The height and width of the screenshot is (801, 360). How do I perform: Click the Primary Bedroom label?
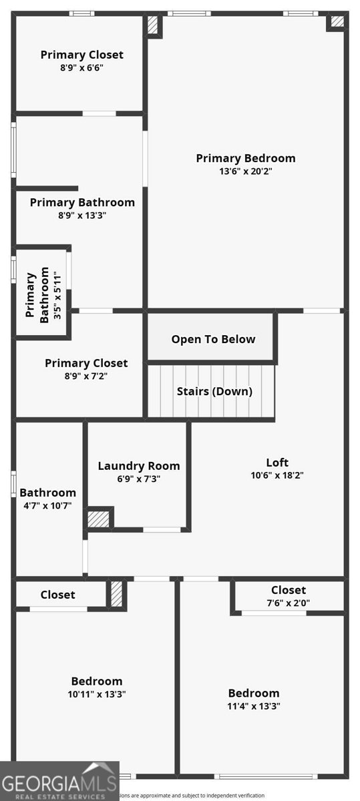(x=245, y=158)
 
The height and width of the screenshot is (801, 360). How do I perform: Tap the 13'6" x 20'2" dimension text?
(x=245, y=171)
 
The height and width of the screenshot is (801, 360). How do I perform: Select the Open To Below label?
(x=213, y=339)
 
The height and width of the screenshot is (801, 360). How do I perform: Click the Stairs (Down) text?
(x=214, y=392)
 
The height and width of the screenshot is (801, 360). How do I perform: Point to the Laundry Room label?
(x=139, y=466)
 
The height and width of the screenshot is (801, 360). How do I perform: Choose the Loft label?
(x=277, y=462)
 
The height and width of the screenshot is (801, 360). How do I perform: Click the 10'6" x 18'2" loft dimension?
(x=277, y=475)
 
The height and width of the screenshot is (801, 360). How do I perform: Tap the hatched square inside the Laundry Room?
(x=99, y=519)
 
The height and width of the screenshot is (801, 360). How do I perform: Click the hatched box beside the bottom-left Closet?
(x=117, y=594)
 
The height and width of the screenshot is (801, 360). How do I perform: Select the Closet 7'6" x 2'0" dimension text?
(x=289, y=603)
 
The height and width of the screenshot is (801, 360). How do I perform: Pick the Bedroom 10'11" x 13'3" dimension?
(x=97, y=694)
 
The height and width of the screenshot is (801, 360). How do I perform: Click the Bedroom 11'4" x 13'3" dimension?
(x=254, y=706)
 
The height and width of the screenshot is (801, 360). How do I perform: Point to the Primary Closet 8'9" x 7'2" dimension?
(x=86, y=376)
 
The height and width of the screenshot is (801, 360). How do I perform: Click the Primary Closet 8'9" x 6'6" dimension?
(x=81, y=67)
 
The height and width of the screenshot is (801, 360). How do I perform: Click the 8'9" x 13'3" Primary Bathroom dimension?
(x=82, y=215)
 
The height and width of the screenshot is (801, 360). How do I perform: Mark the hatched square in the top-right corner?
(x=337, y=21)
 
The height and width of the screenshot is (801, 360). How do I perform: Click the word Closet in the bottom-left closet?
(x=57, y=595)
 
